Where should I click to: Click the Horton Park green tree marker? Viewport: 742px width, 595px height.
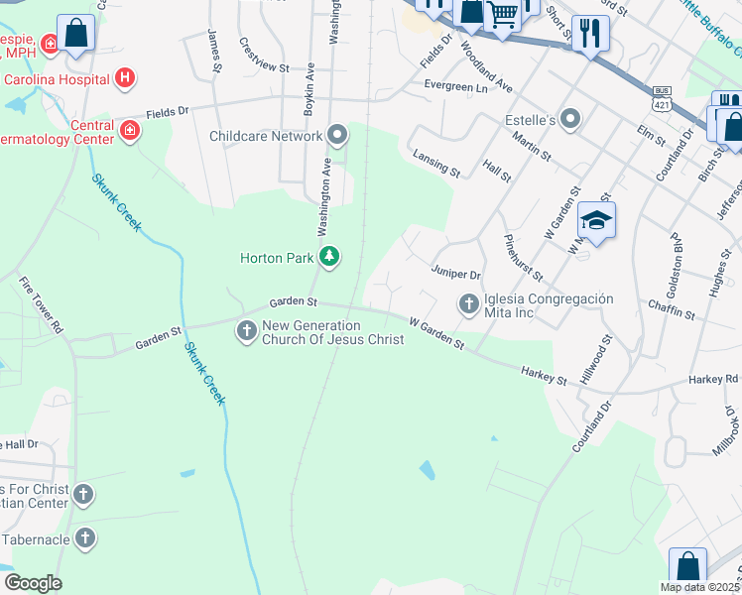(x=329, y=258)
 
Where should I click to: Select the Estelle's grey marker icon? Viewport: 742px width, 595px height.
(x=570, y=121)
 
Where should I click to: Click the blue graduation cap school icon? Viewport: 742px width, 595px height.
(x=596, y=221)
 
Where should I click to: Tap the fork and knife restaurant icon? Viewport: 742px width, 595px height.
(x=590, y=34)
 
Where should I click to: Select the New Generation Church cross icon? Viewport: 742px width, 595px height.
(x=247, y=331)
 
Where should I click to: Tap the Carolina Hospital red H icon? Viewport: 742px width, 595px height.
(x=124, y=76)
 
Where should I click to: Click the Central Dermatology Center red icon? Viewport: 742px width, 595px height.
(x=130, y=130)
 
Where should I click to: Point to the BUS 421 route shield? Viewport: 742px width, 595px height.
(x=662, y=97)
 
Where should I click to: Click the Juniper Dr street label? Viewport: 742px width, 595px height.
(x=456, y=274)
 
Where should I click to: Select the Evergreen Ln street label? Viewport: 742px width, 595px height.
(x=455, y=87)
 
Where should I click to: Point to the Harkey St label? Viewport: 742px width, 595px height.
(x=545, y=375)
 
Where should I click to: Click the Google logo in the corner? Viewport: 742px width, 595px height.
(x=33, y=583)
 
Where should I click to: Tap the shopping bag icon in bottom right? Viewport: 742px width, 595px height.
(x=687, y=568)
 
